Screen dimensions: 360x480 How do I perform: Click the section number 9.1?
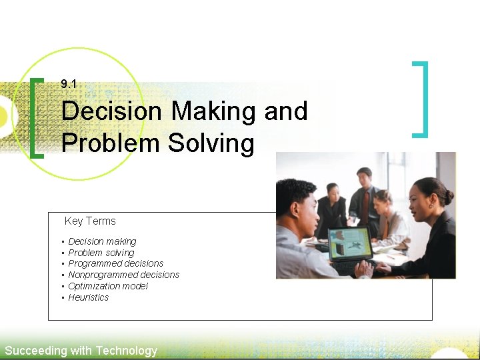tap(69, 84)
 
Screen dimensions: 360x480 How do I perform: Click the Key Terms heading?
tap(90, 221)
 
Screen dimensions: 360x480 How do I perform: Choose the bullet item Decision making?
tap(102, 241)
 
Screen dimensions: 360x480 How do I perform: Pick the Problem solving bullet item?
tap(101, 253)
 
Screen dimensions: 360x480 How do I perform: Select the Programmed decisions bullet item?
tap(115, 263)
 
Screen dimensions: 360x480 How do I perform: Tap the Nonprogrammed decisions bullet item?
tap(123, 275)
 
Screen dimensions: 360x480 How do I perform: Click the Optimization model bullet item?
tap(108, 286)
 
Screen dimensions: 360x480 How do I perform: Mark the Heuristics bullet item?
tap(88, 297)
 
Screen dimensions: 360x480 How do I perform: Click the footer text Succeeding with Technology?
tap(81, 351)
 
